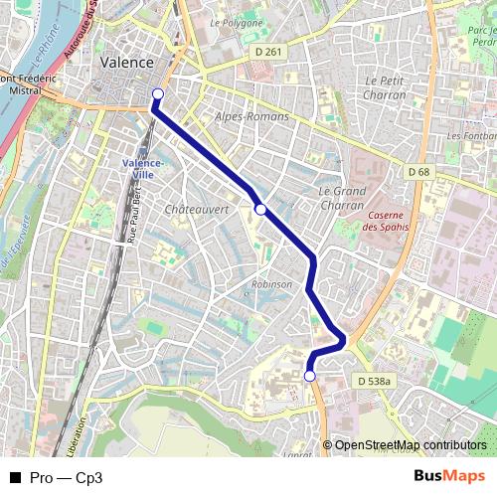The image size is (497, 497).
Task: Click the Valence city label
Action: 127,62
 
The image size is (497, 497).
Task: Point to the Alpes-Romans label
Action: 251,116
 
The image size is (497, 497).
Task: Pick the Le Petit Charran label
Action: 386,87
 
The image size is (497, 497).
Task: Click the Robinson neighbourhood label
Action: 271,283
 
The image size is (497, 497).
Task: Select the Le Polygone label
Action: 237,22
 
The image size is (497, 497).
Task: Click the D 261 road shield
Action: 268,52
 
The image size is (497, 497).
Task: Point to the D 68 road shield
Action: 419,172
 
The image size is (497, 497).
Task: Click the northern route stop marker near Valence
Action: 156,94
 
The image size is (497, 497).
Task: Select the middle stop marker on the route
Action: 260,209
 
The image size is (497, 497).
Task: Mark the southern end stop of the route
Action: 309,376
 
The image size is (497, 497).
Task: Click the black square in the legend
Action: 15,477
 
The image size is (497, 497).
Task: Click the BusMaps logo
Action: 450,476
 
